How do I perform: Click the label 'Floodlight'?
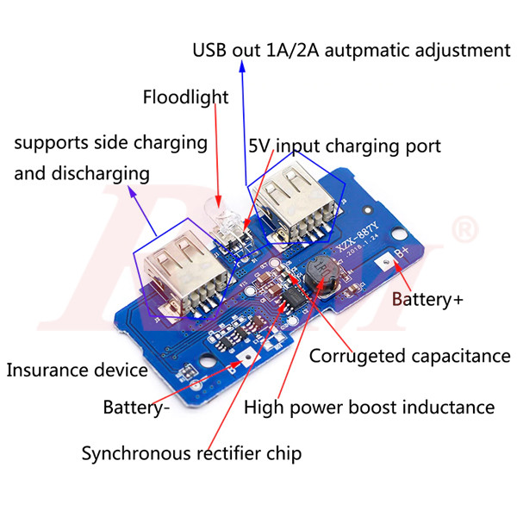(x=185, y=97)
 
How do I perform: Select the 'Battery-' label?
(x=135, y=407)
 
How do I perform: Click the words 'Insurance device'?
(x=77, y=371)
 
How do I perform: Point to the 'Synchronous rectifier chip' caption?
(x=191, y=453)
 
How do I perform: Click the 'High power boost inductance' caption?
(x=370, y=407)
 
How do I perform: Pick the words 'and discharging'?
(x=82, y=173)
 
